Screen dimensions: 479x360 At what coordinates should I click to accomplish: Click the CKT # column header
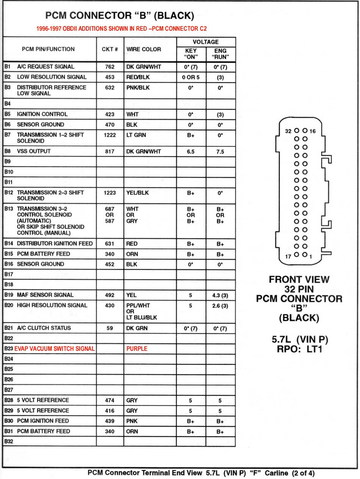pyautogui.click(x=110, y=49)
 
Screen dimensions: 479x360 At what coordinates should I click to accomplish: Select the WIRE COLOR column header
pyautogui.click(x=144, y=49)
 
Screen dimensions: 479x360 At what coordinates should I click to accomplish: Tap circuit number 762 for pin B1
pyautogui.click(x=110, y=67)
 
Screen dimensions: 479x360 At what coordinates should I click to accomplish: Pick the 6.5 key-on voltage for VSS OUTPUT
pyautogui.click(x=191, y=151)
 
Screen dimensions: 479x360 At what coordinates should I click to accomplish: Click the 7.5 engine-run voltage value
pyautogui.click(x=220, y=151)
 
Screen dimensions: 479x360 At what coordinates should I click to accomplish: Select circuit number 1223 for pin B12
pyautogui.click(x=110, y=193)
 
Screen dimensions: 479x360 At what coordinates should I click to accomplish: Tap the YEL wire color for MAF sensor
pyautogui.click(x=131, y=295)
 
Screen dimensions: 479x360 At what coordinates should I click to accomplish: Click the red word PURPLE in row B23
pyautogui.click(x=137, y=349)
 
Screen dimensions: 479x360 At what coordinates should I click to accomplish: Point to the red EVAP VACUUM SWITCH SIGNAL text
pyautogui.click(x=55, y=349)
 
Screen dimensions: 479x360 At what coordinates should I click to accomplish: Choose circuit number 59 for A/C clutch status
pyautogui.click(x=110, y=328)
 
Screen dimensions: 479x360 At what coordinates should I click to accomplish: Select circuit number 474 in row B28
pyautogui.click(x=110, y=400)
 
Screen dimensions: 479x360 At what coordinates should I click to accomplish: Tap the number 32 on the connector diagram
pyautogui.click(x=288, y=131)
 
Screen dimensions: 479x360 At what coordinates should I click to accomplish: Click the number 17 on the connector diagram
pyautogui.click(x=288, y=257)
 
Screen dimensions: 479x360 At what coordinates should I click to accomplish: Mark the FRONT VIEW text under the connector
pyautogui.click(x=299, y=280)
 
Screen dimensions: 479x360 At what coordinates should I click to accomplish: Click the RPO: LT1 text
pyautogui.click(x=299, y=349)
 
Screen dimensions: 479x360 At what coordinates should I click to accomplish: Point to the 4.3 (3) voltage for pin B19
pyautogui.click(x=220, y=295)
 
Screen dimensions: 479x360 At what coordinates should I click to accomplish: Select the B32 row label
pyautogui.click(x=8, y=441)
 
